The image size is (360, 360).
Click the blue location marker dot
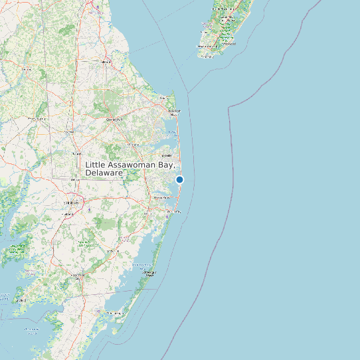[x=179, y=179]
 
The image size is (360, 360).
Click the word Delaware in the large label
[x=104, y=173]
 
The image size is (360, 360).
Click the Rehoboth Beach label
[x=174, y=112]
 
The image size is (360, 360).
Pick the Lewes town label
[x=164, y=98]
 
